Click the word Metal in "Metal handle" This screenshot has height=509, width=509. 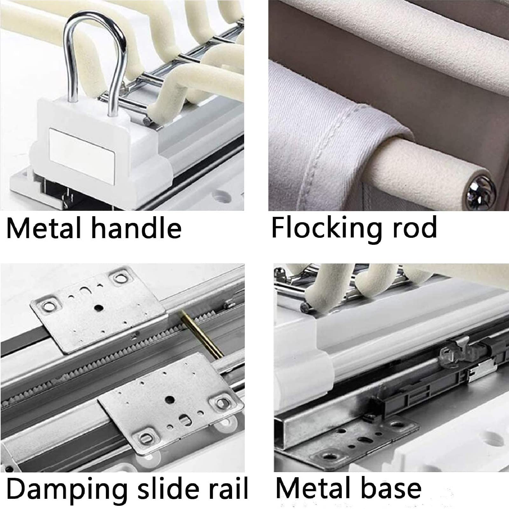click(44, 228)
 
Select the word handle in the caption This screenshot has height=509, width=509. click(136, 228)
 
